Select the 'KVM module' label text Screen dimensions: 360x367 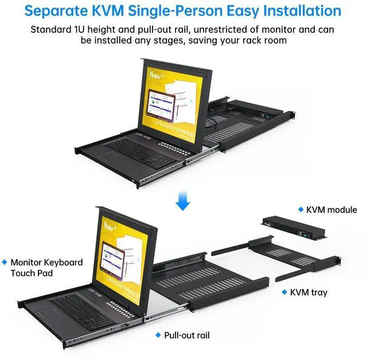[331, 210]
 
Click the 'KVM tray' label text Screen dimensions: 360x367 [309, 292]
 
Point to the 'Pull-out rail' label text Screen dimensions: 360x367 [187, 335]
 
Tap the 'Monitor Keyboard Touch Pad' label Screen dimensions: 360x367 [46, 268]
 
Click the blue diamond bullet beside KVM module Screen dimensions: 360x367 [299, 210]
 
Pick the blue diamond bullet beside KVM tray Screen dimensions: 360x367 [284, 292]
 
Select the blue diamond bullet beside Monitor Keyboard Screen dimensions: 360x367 [5, 262]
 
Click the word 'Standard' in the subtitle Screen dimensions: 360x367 [51, 29]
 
